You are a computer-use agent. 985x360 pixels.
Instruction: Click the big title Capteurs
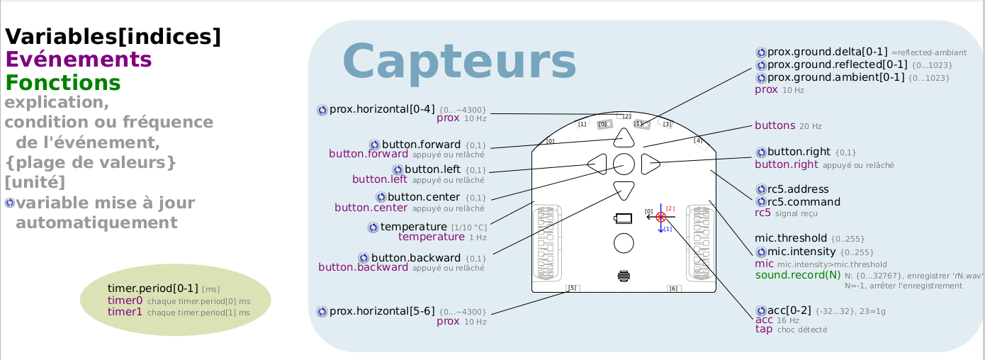(459, 62)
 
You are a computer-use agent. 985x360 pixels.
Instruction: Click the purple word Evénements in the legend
(78, 60)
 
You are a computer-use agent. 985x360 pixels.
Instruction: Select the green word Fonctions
(63, 83)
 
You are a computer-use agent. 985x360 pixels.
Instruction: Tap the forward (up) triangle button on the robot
(624, 137)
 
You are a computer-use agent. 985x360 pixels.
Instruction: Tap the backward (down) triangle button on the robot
(624, 190)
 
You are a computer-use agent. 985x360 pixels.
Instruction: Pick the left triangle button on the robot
(597, 164)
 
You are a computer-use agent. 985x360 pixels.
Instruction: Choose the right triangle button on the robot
(650, 164)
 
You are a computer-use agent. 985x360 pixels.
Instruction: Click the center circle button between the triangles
(624, 164)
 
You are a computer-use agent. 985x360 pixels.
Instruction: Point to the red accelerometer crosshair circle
(660, 216)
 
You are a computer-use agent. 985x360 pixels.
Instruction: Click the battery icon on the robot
(623, 218)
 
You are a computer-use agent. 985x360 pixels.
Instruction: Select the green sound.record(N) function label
(797, 275)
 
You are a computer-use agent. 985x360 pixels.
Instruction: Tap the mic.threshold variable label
(790, 238)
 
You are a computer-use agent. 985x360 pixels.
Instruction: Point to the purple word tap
(764, 329)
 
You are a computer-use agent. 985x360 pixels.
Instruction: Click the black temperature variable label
(413, 227)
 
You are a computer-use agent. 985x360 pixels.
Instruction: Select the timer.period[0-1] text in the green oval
(152, 288)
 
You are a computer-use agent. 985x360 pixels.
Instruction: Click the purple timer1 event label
(125, 312)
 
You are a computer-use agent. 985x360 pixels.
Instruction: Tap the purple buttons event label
(775, 125)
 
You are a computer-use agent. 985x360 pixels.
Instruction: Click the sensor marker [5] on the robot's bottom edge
(573, 288)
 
